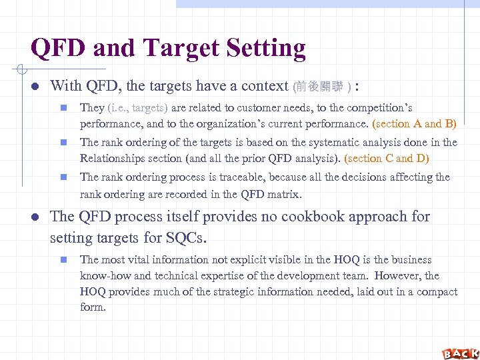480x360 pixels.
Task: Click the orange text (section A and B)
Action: point(414,123)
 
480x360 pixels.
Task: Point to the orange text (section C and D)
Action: point(387,158)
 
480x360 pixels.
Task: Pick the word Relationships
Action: point(112,158)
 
